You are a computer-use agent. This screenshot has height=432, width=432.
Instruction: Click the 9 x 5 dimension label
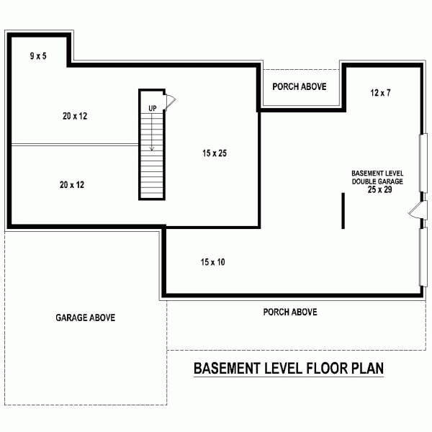(37, 55)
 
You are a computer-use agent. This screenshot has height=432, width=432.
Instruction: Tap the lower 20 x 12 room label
(71, 185)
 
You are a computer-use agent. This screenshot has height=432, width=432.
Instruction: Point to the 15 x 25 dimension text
(215, 153)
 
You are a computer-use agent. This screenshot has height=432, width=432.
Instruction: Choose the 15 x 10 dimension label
(212, 263)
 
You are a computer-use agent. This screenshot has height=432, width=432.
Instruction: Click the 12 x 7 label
(379, 93)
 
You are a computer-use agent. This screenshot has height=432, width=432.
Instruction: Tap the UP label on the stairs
(152, 108)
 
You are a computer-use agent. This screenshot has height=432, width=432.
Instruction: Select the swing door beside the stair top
(170, 101)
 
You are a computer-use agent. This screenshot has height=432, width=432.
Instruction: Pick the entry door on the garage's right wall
(415, 211)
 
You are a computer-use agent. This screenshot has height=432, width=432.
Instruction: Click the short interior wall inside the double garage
(343, 210)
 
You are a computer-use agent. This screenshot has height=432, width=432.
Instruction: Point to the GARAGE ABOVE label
(85, 318)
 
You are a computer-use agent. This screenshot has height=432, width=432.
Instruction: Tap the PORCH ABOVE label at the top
(300, 86)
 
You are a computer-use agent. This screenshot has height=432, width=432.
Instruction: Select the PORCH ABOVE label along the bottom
(290, 312)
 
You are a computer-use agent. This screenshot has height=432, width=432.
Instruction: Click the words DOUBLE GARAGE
(377, 182)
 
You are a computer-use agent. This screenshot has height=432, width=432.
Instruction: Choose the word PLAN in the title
(366, 369)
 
